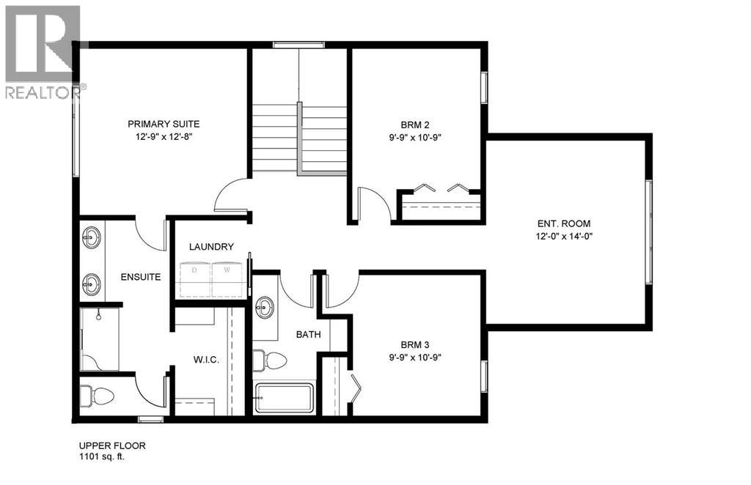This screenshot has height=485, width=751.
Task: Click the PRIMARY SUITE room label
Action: (x=163, y=124)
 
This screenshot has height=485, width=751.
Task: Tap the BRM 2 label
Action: (x=415, y=124)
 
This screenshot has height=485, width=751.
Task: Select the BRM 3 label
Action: (x=415, y=344)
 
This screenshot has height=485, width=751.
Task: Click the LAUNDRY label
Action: (x=210, y=247)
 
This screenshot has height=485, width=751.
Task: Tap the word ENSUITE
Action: (x=141, y=278)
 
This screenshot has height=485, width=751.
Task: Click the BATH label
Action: (x=309, y=334)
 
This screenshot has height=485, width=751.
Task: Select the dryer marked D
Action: (x=195, y=278)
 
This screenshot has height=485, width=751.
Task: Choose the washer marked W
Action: (x=227, y=278)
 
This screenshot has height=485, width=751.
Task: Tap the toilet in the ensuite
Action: (x=98, y=396)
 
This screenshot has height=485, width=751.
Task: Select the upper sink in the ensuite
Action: (x=92, y=238)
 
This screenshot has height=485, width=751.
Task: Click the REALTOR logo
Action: (x=43, y=51)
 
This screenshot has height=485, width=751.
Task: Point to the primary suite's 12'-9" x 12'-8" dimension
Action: (x=163, y=136)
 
